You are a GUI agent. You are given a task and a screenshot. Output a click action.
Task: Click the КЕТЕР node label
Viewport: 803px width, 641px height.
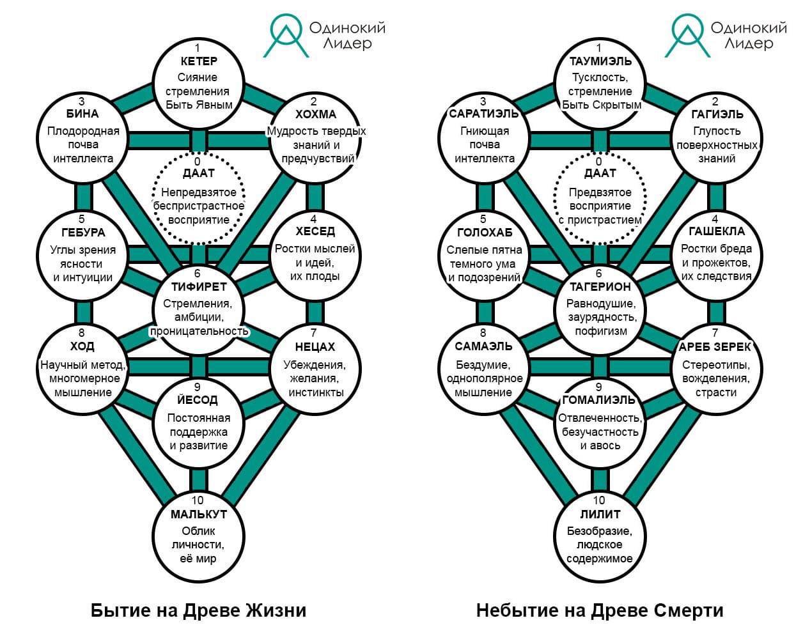(198, 61)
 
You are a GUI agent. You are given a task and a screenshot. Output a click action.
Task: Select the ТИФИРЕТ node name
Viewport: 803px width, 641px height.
(198, 287)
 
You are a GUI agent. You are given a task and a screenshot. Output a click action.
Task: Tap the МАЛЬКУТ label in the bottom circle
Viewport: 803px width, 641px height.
(198, 514)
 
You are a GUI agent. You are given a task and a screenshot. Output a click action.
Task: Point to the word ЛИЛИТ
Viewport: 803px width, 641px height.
(599, 514)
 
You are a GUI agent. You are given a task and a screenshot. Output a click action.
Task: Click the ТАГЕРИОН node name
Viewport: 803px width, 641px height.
(599, 287)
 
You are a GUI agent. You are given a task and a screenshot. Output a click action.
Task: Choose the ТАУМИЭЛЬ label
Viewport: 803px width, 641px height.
(599, 61)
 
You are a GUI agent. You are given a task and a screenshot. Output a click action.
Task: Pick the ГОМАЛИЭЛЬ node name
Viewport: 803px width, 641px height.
(599, 400)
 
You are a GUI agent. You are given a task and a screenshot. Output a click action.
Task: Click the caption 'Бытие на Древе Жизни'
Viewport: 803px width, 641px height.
(198, 610)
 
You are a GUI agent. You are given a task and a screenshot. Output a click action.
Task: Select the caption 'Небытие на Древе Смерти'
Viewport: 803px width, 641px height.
(599, 610)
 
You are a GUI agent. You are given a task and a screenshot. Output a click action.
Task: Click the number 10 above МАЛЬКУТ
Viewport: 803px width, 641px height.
(198, 500)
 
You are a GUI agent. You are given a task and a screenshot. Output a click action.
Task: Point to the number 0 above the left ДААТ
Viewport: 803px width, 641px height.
(198, 161)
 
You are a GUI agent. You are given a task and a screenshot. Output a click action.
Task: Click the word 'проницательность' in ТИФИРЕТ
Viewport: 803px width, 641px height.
(198, 331)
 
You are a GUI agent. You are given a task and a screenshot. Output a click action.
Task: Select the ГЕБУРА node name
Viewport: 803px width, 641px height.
(82, 233)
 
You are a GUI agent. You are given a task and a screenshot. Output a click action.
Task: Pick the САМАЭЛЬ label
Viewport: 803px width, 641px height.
(483, 346)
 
